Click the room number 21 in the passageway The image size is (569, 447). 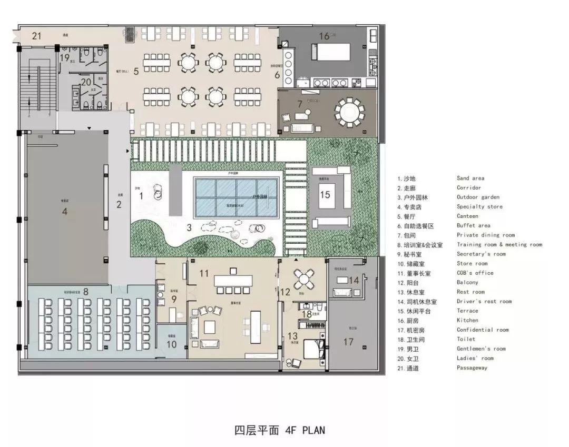coord(36,36)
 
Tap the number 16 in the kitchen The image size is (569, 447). coord(325,36)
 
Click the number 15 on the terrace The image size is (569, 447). coord(325,194)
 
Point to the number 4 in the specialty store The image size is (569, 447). coord(64,212)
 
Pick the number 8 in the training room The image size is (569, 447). coord(85,291)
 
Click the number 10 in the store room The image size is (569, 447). coord(171,344)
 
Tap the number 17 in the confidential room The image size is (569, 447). coord(348,342)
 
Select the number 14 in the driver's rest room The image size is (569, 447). coord(354,281)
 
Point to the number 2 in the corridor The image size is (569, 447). coord(119,205)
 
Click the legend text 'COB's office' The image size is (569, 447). coord(475,273)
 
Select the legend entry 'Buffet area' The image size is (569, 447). coord(473,225)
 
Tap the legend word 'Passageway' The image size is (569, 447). coord(472,367)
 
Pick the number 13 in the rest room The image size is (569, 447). coord(292,336)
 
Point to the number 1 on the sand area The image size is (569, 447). coord(141,196)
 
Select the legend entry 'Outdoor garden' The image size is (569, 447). coord(478,197)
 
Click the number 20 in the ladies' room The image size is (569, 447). coord(86,82)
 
